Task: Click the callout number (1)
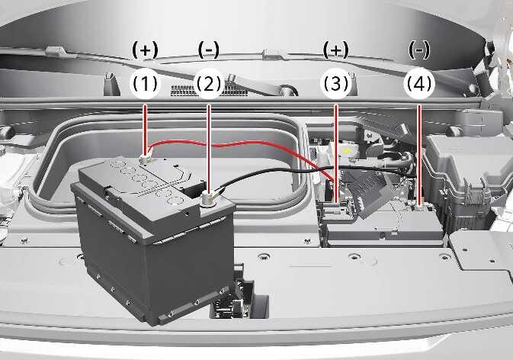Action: point(145,83)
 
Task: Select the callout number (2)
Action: point(209,83)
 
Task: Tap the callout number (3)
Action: point(335,83)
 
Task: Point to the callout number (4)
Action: point(419,83)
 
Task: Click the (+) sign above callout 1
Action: point(145,50)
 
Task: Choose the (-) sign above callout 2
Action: point(209,50)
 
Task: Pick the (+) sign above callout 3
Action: point(335,50)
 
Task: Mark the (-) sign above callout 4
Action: point(419,50)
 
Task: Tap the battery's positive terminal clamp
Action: point(146,159)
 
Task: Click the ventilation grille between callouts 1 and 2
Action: point(210,91)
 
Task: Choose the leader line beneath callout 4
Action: point(419,155)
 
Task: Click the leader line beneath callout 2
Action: point(209,148)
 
